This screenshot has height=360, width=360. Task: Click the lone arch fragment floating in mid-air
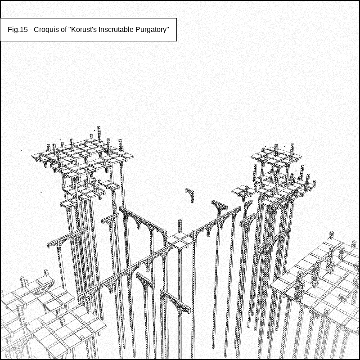pos(190,194)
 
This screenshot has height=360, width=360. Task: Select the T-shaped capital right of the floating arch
pos(219,207)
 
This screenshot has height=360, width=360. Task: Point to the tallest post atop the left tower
pos(99,134)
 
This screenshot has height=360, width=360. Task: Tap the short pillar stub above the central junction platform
pos(180,226)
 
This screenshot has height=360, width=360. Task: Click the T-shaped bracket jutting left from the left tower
pos(65,240)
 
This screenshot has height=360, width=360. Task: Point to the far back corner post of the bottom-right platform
pos(331,235)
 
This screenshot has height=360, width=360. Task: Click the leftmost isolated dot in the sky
pos(22,150)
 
